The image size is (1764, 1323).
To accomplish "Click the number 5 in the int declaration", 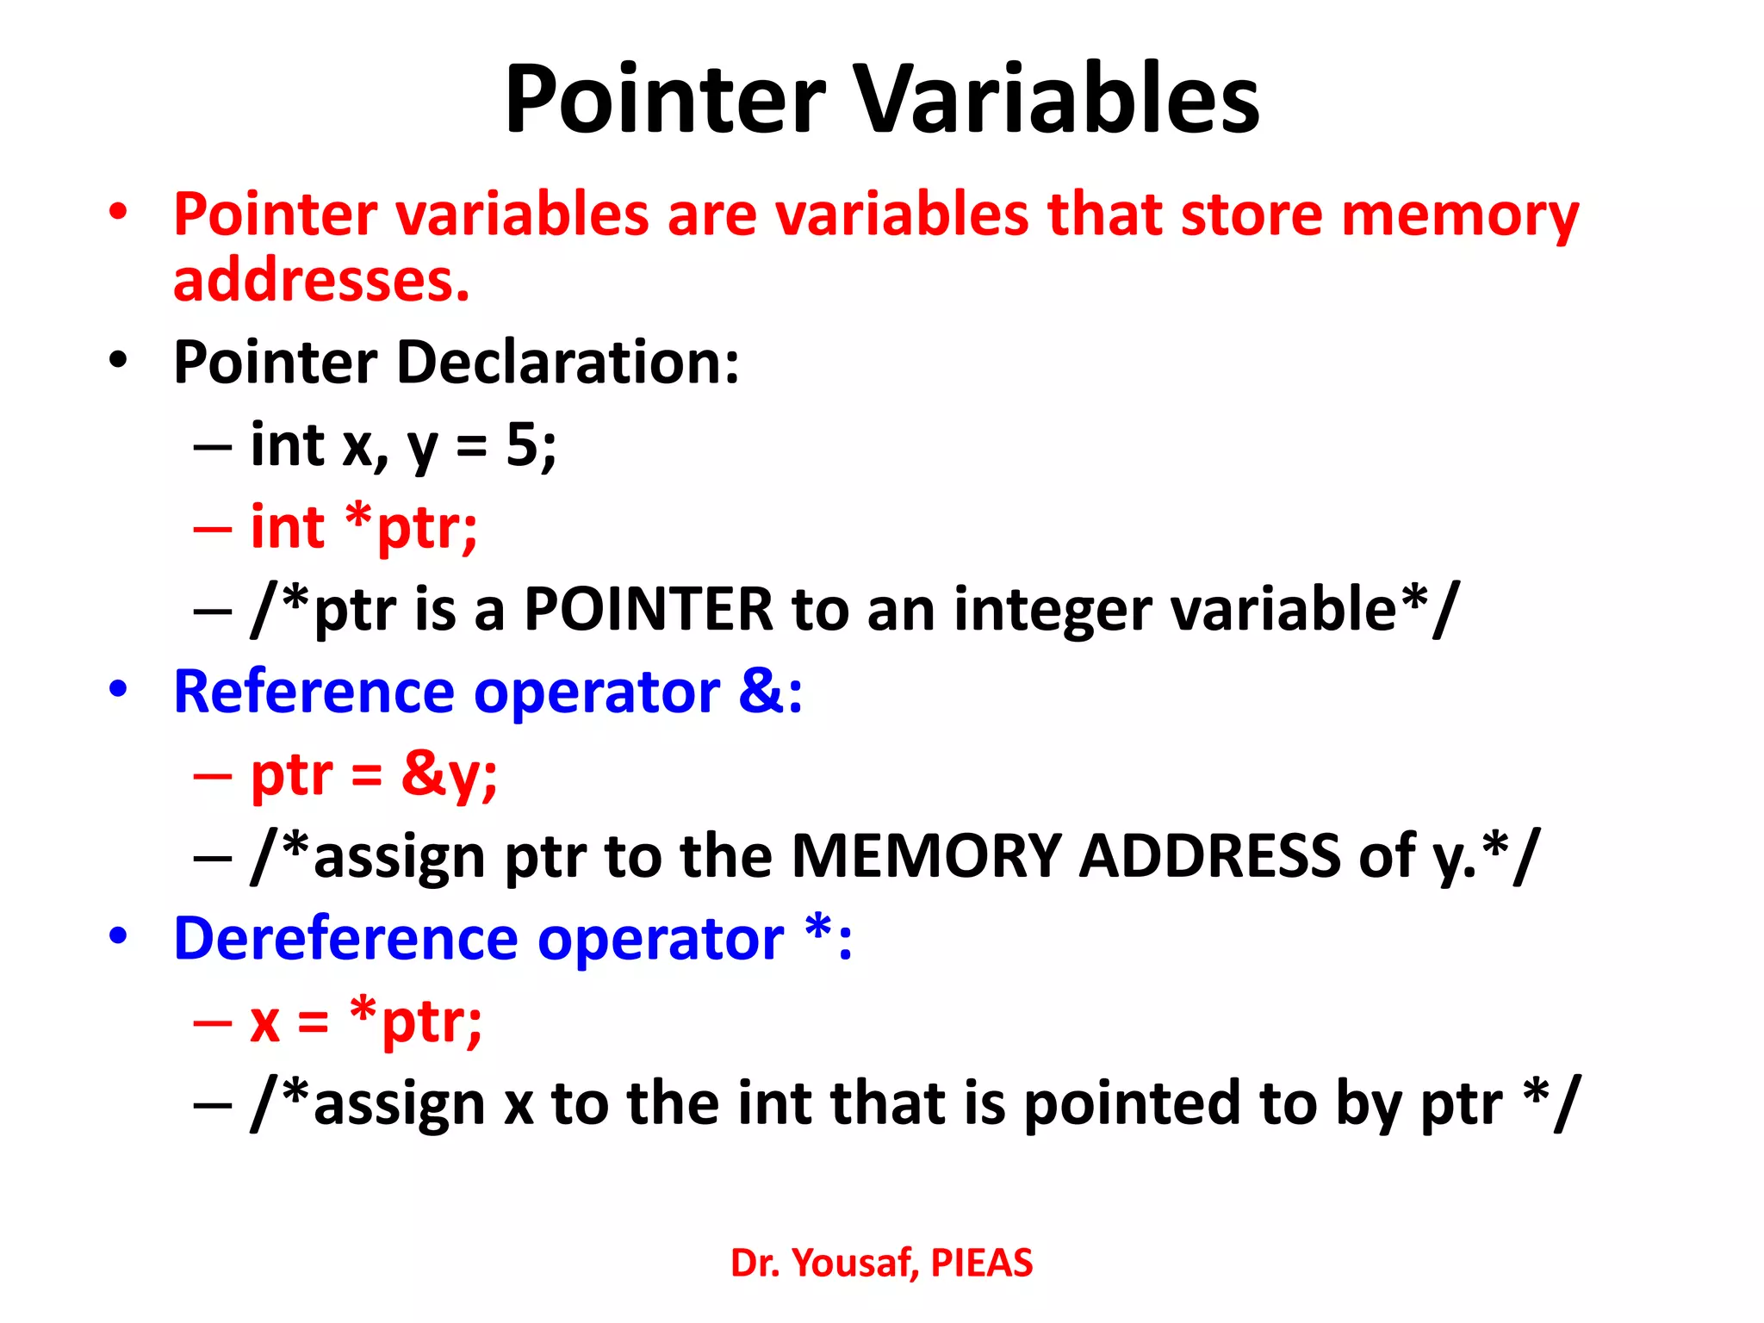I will [x=522, y=445].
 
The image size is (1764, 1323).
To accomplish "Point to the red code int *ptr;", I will [x=363, y=526].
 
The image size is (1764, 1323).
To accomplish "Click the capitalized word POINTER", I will [x=649, y=609].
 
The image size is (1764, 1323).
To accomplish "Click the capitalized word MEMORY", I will [x=926, y=856].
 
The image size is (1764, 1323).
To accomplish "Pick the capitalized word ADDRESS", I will [x=1210, y=856].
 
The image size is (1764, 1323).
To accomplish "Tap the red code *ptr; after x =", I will [x=416, y=1021].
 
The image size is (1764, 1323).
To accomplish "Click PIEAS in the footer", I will [x=982, y=1263].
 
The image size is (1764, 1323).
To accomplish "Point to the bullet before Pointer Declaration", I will [x=118, y=360].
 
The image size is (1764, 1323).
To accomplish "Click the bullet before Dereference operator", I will [x=118, y=936].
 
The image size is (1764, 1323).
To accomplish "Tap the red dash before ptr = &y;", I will [x=213, y=775].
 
